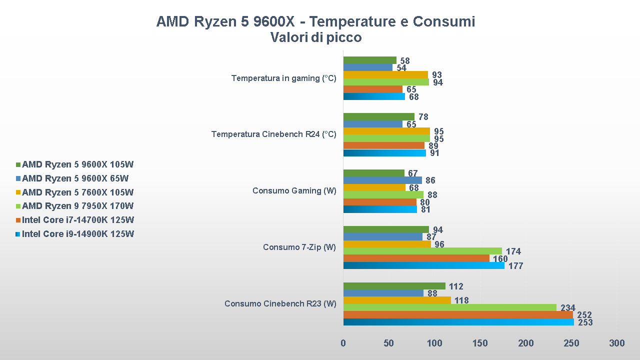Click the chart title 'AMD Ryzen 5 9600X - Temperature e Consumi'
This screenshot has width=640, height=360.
[x=315, y=21]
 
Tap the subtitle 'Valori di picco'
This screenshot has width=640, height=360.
[x=315, y=37]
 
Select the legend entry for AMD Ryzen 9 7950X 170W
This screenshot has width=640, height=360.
[x=77, y=206]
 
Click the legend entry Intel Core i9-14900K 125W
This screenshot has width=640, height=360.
[x=77, y=234]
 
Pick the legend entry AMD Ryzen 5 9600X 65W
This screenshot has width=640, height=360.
[x=75, y=178]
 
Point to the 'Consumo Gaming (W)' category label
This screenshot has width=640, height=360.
[x=294, y=190]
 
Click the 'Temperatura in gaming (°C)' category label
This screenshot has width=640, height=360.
[x=283, y=78]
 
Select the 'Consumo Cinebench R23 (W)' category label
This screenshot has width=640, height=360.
[x=280, y=303]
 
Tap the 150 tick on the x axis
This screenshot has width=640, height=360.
[x=480, y=343]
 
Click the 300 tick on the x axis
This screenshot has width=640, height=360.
[x=617, y=343]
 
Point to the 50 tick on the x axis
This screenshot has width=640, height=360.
[x=388, y=343]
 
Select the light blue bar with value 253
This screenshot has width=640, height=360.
[x=458, y=322]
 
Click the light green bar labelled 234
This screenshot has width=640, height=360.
[x=450, y=307]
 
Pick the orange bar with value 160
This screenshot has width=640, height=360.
[x=416, y=258]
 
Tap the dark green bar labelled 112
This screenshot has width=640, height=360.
[x=394, y=286]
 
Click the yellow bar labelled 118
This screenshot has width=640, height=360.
[x=397, y=300]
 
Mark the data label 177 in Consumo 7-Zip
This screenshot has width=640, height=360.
[x=515, y=266]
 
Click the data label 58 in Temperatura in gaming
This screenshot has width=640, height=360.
[x=405, y=61]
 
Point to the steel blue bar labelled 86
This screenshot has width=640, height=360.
[x=382, y=180]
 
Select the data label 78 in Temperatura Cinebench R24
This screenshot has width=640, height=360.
[x=423, y=117]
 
